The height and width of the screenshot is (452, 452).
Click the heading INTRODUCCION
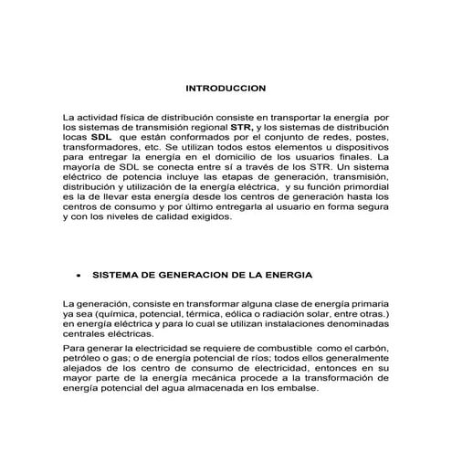225,89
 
